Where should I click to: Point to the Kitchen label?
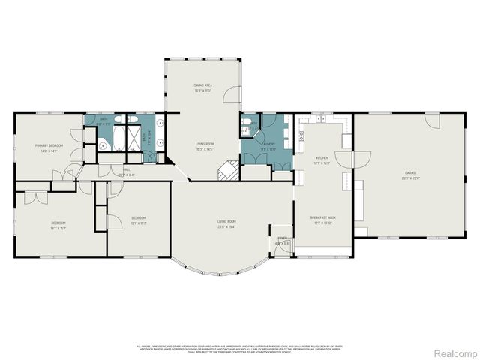pos(322,158)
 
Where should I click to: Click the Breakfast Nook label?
pos(322,218)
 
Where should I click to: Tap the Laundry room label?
pos(268,144)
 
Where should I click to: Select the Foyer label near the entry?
pos(281,241)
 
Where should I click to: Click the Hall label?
pos(125,170)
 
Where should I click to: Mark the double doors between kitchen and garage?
pos(352,159)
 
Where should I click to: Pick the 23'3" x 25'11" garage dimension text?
pos(411,178)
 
